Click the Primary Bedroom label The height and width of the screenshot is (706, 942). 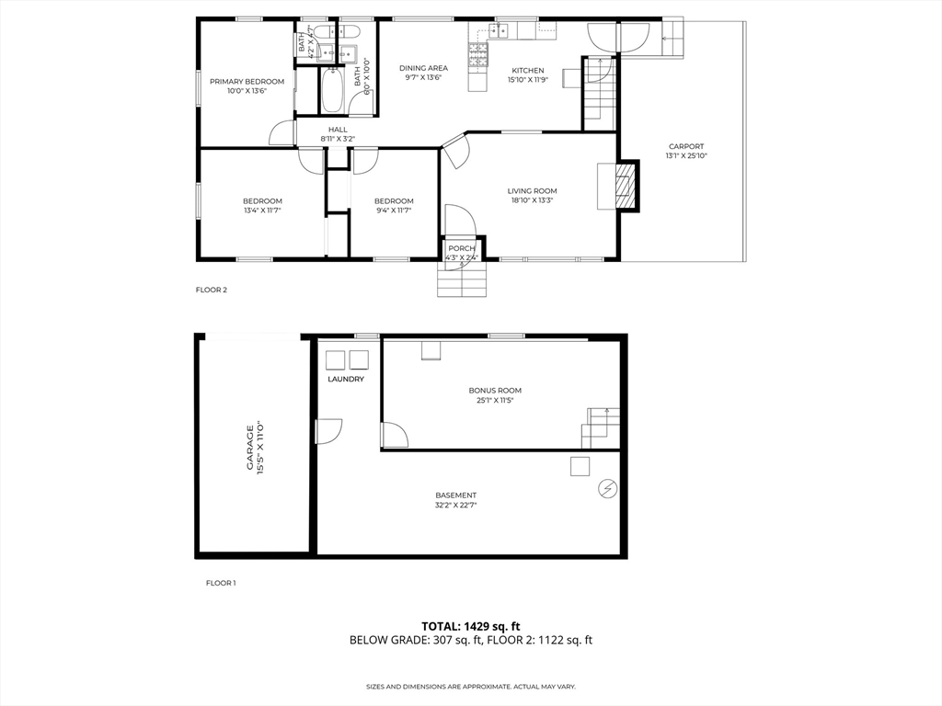pyautogui.click(x=247, y=82)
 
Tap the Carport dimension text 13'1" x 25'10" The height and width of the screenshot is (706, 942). pyautogui.click(x=686, y=156)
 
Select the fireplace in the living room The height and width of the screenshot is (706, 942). pyautogui.click(x=626, y=186)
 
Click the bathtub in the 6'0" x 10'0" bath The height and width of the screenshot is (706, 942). pyautogui.click(x=332, y=89)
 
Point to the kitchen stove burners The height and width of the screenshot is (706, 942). pyautogui.click(x=478, y=54)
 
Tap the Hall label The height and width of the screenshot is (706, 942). pyautogui.click(x=338, y=129)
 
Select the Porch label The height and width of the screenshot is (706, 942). pyautogui.click(x=462, y=248)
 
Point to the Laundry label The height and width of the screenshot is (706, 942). pyautogui.click(x=346, y=380)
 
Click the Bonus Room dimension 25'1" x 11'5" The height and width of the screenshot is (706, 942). pyautogui.click(x=495, y=400)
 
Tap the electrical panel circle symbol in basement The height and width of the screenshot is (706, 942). pyautogui.click(x=607, y=489)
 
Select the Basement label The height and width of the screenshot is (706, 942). pyautogui.click(x=456, y=495)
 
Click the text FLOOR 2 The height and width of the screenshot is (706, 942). pyautogui.click(x=212, y=290)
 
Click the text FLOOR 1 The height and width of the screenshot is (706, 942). pyautogui.click(x=221, y=583)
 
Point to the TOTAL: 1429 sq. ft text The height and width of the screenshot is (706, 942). pyautogui.click(x=470, y=627)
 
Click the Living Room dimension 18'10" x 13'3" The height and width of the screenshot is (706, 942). pyautogui.click(x=533, y=201)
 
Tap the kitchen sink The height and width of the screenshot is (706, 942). pyautogui.click(x=499, y=30)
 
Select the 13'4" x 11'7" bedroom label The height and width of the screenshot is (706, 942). pyautogui.click(x=262, y=211)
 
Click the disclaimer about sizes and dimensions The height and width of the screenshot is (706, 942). pyautogui.click(x=471, y=686)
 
